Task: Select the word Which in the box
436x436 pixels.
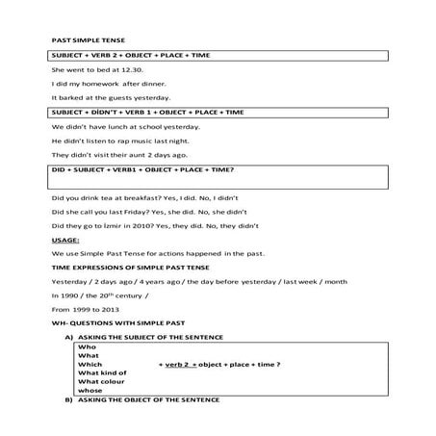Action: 90,365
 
